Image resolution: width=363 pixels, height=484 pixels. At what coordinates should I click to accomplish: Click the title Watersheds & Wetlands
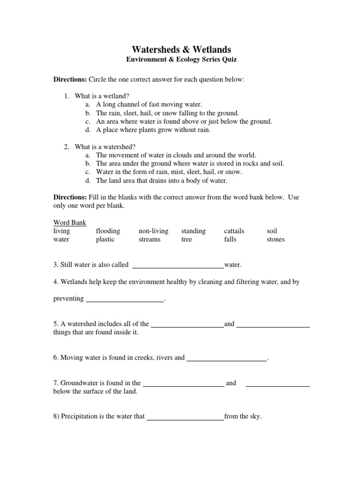click(181, 50)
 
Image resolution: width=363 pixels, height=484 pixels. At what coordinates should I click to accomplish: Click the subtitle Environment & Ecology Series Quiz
click(181, 60)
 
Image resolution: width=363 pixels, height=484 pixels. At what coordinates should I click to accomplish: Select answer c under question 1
click(184, 121)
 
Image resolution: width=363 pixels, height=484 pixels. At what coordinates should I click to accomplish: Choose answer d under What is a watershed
click(162, 181)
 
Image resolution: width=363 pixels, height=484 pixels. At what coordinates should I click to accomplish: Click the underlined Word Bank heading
click(69, 223)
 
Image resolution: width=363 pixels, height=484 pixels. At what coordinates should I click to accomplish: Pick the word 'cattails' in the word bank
click(234, 231)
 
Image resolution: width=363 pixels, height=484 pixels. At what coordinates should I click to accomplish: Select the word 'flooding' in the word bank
click(108, 231)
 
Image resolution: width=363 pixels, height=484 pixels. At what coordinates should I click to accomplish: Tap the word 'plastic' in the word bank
click(105, 239)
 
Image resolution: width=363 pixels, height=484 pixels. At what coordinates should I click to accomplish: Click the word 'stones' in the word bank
click(276, 239)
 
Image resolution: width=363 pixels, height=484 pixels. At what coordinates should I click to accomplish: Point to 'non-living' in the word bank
click(153, 231)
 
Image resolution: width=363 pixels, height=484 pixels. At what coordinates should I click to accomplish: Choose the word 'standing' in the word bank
click(193, 231)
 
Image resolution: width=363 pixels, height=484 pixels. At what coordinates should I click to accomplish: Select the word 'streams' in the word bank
click(149, 239)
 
